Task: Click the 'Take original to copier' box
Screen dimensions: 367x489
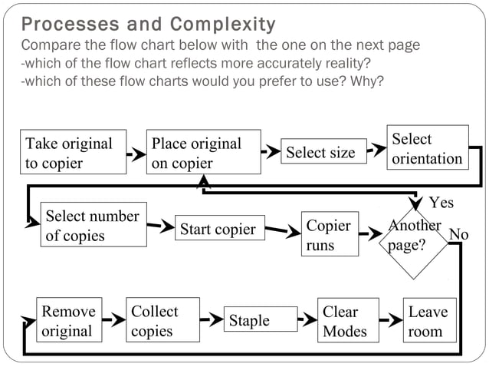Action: pyautogui.click(x=74, y=153)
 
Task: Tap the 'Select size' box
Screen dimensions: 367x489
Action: pyautogui.click(x=320, y=152)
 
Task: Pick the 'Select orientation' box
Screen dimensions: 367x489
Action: pyautogui.click(x=427, y=148)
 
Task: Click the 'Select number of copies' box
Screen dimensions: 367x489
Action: pyautogui.click(x=93, y=226)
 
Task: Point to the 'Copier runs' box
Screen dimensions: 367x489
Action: pyautogui.click(x=330, y=236)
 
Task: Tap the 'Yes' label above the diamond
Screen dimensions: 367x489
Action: pyautogui.click(x=441, y=203)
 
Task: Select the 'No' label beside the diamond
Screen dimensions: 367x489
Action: pyautogui.click(x=458, y=233)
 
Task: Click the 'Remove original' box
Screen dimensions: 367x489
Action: pyautogui.click(x=67, y=321)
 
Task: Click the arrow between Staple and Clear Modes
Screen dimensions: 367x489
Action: pyautogui.click(x=308, y=318)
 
